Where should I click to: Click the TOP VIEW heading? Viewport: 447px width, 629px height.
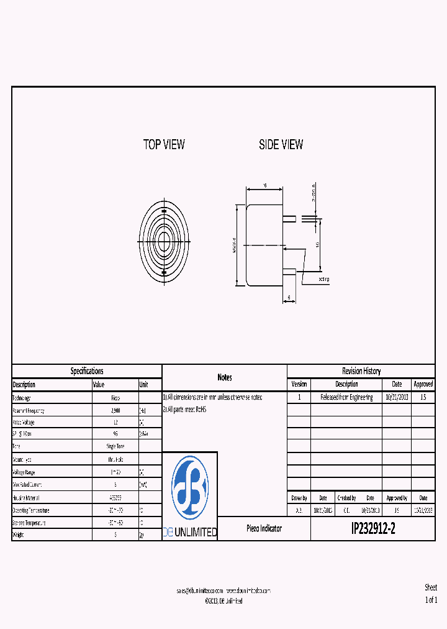tap(164, 145)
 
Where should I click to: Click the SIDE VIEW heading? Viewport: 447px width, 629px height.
tap(281, 145)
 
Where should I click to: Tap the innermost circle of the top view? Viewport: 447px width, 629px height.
tap(165, 241)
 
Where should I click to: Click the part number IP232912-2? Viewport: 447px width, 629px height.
tap(372, 529)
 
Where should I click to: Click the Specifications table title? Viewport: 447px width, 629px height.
tap(87, 371)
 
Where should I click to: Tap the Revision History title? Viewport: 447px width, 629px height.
tap(361, 371)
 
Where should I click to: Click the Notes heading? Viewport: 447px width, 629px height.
tap(225, 377)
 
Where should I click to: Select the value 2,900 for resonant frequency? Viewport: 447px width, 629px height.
tap(115, 411)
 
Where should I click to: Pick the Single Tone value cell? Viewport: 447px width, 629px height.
tap(115, 447)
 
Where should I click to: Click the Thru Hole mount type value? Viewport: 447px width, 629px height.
tap(115, 459)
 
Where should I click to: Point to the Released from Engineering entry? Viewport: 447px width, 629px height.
tap(346, 397)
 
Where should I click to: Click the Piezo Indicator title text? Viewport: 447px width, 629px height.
tap(264, 528)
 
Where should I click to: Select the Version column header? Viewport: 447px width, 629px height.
tap(299, 384)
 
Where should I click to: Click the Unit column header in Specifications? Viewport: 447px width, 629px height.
tap(144, 385)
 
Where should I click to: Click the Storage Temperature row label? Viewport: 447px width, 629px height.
tap(37, 523)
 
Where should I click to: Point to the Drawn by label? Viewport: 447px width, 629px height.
tap(299, 498)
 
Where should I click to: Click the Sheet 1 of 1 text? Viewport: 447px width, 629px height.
tap(431, 594)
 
